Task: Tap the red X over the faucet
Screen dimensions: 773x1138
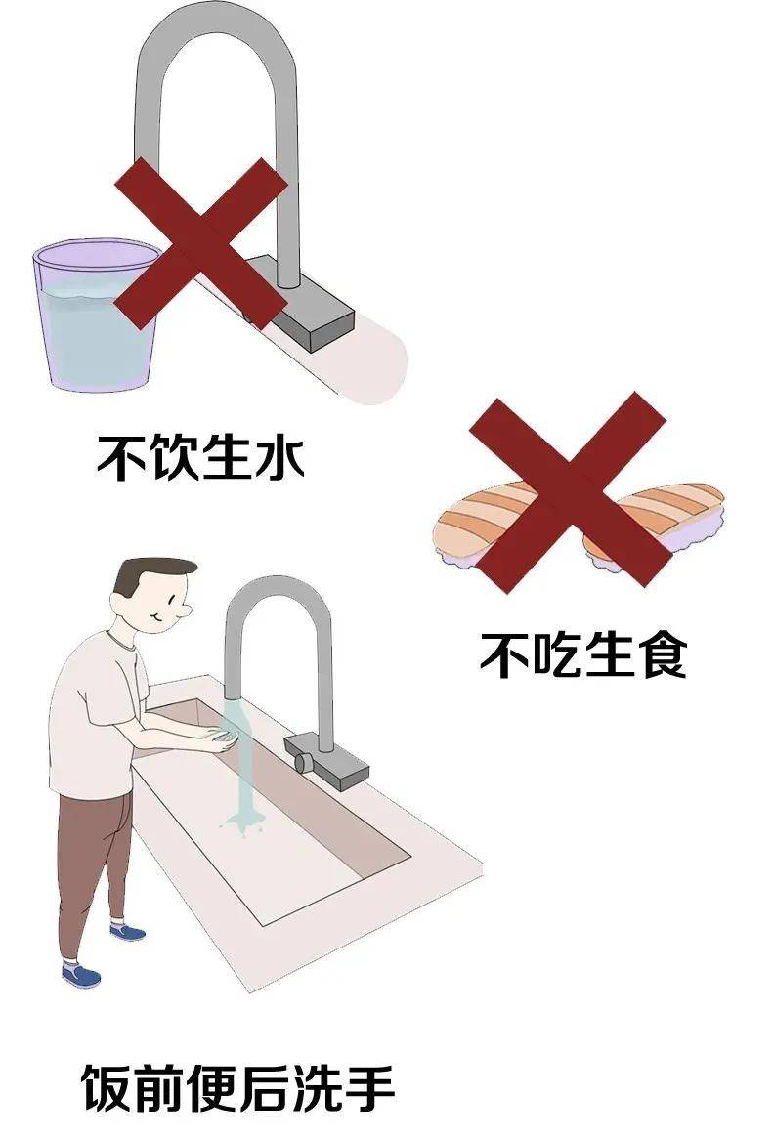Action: click(199, 242)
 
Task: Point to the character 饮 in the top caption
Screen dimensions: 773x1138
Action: click(173, 457)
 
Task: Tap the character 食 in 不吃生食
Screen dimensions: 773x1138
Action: click(660, 654)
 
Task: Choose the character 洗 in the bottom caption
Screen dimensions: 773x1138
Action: click(317, 1087)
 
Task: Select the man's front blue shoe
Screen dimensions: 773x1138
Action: click(80, 974)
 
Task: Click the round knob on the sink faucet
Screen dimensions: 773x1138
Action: click(303, 762)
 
